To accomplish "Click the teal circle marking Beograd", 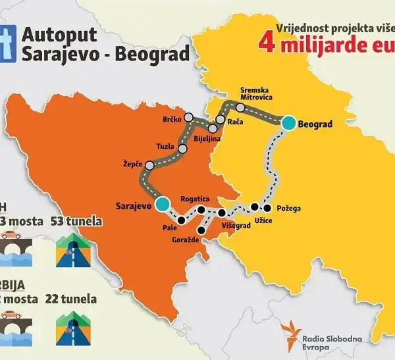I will (288, 122).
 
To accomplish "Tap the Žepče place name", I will (134, 162).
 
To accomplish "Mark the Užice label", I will (262, 220).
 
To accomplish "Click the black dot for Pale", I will (181, 220).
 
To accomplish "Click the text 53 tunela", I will (76, 220).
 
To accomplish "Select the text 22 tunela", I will (71, 299).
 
